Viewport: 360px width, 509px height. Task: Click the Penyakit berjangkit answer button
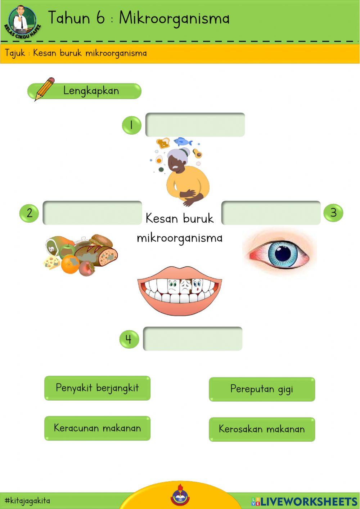coord(97,388)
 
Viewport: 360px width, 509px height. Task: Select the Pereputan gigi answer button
coord(262,389)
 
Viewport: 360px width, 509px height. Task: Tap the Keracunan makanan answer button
coord(97,428)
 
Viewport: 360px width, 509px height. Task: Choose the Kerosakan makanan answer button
coord(262,429)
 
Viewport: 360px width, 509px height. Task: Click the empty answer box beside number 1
coord(195,125)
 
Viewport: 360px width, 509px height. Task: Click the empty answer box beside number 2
coord(92,213)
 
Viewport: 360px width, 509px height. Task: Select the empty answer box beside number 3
coord(271,213)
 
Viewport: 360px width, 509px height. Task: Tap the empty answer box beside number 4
coord(193,339)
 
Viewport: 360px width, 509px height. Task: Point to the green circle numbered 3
coord(333,213)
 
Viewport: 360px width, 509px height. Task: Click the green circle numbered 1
coord(131,125)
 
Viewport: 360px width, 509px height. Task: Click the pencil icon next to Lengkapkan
coord(44,88)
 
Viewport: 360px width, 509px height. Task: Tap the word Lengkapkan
coord(91,90)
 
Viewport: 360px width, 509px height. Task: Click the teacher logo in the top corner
coord(22,21)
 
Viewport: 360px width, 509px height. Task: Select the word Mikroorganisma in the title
coord(174,18)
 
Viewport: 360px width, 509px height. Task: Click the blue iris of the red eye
coord(283,254)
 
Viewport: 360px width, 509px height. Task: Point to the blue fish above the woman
coord(183,141)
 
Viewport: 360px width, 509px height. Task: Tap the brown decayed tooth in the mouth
coord(185,286)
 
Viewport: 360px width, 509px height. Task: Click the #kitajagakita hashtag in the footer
coord(27,501)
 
